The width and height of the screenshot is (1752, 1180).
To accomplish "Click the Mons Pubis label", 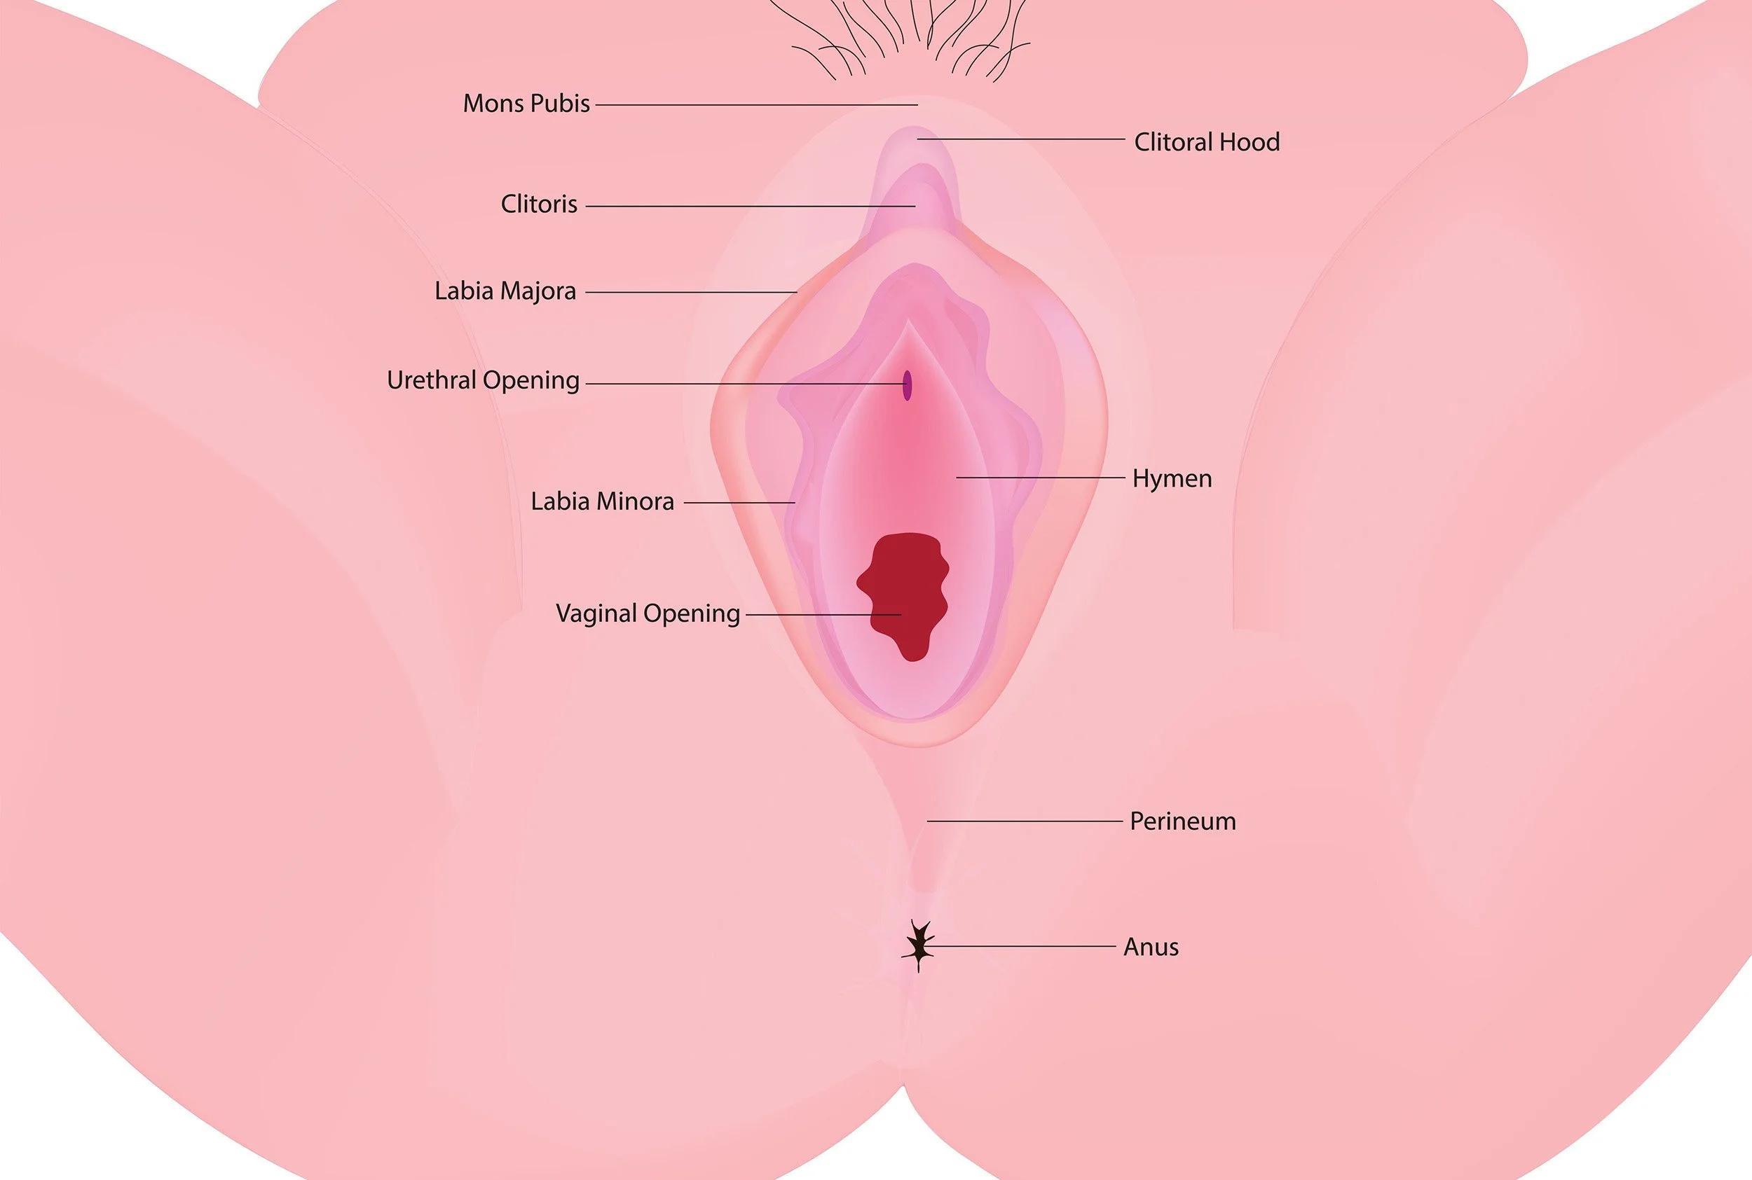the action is [x=526, y=104].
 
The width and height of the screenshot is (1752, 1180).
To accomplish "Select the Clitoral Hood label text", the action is [x=1206, y=142].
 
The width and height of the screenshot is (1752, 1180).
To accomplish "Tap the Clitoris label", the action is [x=539, y=204].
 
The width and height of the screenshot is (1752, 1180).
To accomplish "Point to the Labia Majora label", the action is [x=505, y=291].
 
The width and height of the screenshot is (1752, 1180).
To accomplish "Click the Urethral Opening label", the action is [x=483, y=381].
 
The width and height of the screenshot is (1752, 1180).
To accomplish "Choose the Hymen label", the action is [x=1172, y=478].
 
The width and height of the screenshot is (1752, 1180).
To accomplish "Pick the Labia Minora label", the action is [x=601, y=502].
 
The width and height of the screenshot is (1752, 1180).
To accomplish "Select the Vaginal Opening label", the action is [x=648, y=613].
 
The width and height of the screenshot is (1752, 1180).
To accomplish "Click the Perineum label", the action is [x=1182, y=821].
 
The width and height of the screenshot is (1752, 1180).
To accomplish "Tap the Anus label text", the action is [x=1151, y=947].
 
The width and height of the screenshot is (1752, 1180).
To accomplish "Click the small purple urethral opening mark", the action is [x=908, y=385].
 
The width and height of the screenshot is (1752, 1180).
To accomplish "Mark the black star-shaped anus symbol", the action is [x=919, y=945].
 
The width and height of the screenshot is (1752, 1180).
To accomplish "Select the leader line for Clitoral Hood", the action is [x=1021, y=139].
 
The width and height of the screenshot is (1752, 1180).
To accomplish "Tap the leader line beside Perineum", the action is [x=1024, y=821].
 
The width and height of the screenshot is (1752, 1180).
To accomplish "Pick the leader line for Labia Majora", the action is [x=690, y=292].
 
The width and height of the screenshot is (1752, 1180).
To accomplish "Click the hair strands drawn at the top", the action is [x=911, y=38].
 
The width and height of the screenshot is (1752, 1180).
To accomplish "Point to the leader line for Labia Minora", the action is [x=739, y=502].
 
